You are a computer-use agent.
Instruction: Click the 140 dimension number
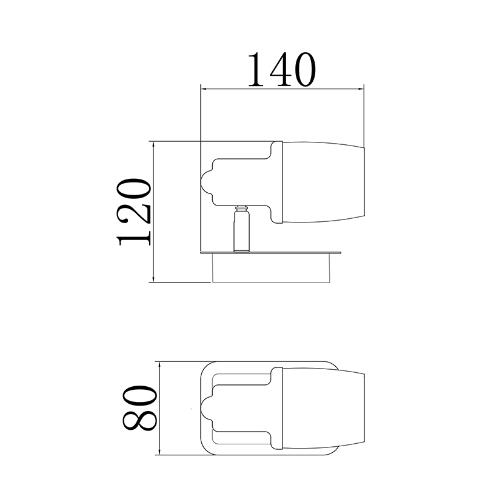point(282,70)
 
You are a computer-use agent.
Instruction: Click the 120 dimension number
point(134,212)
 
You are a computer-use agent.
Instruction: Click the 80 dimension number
point(140,408)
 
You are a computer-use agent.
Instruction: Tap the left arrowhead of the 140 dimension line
point(204,89)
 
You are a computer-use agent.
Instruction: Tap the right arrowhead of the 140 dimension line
point(361,89)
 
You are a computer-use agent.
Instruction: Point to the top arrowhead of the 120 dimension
point(153,144)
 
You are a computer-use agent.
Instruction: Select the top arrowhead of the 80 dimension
point(159,364)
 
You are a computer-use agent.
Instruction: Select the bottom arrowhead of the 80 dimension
point(159,452)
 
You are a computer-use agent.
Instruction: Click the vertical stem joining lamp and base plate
point(241,229)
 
